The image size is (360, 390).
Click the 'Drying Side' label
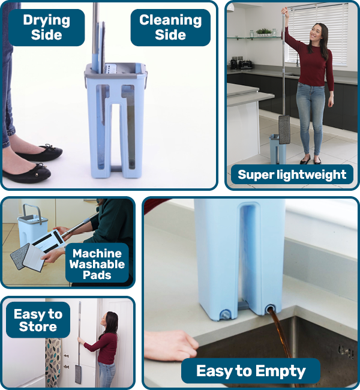(x=46, y=27)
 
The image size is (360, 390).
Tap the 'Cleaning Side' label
(x=170, y=27)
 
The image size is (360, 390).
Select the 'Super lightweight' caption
(x=292, y=175)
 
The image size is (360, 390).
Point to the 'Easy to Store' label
(x=38, y=320)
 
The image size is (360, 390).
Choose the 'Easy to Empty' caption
(x=251, y=370)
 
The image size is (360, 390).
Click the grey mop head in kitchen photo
(x=284, y=129)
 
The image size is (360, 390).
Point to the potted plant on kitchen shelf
(x=263, y=32)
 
